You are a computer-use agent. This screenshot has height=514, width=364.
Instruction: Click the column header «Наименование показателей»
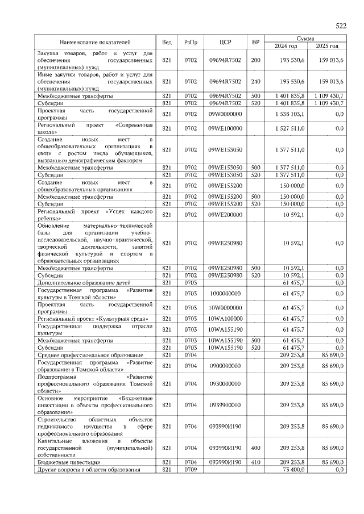point(96,42)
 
